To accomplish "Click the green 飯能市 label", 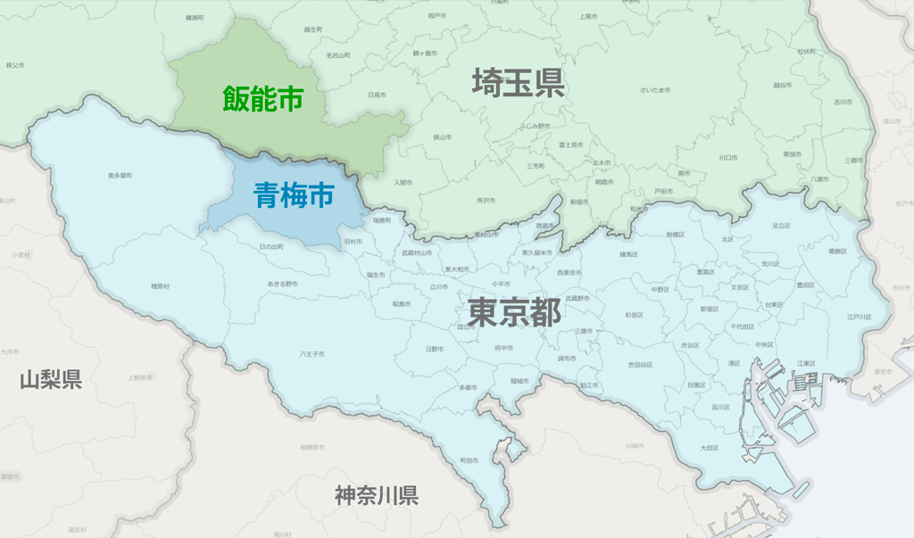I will (x=263, y=98).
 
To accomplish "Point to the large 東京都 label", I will (x=515, y=313).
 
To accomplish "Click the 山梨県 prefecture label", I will (x=51, y=381).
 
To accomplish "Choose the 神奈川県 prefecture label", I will (x=377, y=496).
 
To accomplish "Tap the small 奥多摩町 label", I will (x=120, y=176).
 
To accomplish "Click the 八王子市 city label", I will (x=312, y=354).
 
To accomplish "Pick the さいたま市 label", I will (x=655, y=90).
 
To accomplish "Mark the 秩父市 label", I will (x=14, y=65).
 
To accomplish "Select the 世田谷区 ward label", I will (x=640, y=364).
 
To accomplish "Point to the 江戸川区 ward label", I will (x=859, y=317).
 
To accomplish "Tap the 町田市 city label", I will (x=469, y=460).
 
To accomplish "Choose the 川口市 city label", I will (x=728, y=157).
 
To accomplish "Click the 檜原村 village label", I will (x=160, y=286).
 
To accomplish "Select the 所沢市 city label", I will (x=486, y=200).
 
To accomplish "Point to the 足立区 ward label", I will (x=781, y=226).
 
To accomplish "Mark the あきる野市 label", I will (x=282, y=284).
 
